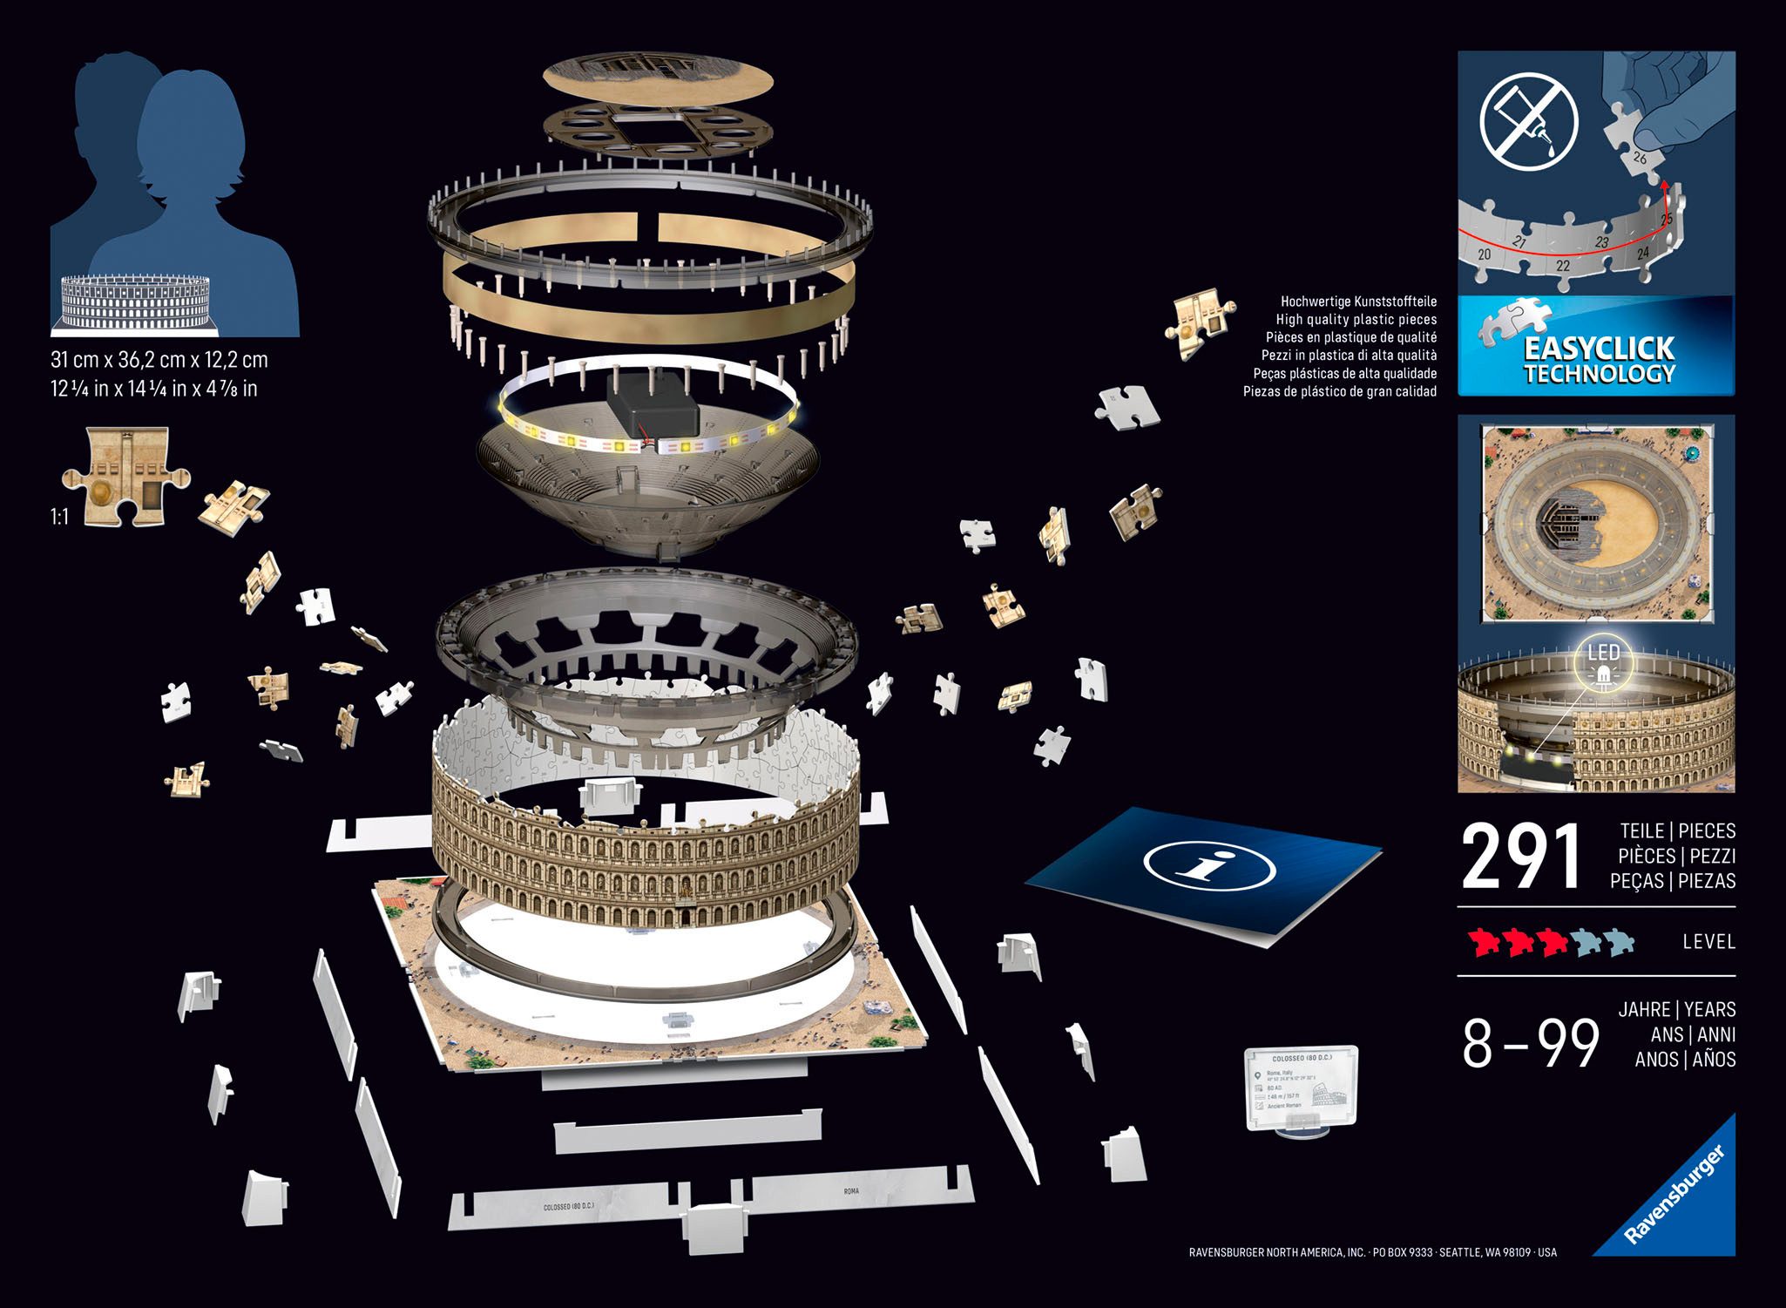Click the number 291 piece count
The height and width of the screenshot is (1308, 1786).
(1520, 857)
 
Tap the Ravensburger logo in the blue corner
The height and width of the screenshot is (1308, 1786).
(1674, 1196)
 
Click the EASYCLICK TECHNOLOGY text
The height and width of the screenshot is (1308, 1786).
(1598, 360)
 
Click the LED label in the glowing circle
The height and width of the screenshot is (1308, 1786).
(1603, 653)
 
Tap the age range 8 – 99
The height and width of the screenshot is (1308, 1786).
(1531, 1043)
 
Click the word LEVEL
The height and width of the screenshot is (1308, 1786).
(1708, 941)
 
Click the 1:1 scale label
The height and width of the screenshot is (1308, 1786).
(59, 517)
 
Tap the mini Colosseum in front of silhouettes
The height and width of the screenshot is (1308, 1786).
(135, 302)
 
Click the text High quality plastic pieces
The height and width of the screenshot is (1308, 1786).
(1356, 319)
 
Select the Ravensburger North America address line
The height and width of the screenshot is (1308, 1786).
(1372, 1252)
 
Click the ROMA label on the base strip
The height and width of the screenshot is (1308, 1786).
(851, 1190)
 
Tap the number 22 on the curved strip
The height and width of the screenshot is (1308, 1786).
(1563, 265)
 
